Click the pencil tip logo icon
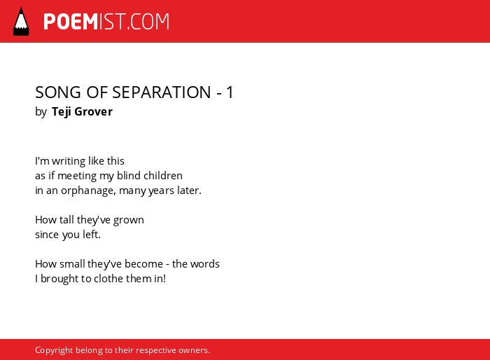21,22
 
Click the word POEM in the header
71,22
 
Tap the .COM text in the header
148,22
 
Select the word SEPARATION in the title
162,92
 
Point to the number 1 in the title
230,92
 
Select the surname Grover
93,111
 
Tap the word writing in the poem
69,161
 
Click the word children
163,176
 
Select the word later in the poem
189,191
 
